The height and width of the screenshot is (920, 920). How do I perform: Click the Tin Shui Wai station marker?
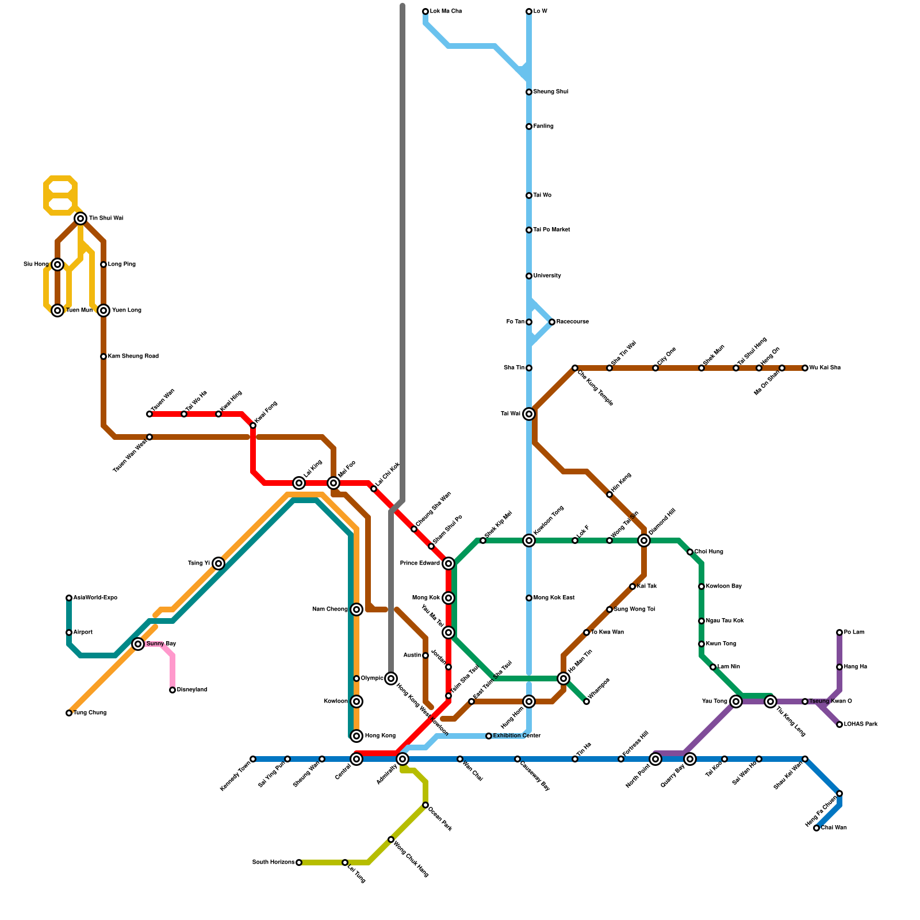(x=80, y=218)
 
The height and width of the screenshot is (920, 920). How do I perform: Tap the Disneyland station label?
(x=191, y=690)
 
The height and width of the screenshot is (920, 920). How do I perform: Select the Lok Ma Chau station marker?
(x=425, y=11)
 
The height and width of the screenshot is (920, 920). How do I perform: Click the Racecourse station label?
(x=572, y=322)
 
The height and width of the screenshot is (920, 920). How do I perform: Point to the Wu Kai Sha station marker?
(x=805, y=368)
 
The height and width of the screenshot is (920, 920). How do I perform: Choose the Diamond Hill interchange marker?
(x=644, y=540)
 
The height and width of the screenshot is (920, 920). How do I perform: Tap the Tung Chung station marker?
(x=69, y=713)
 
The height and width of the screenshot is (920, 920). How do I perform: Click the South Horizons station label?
(x=273, y=862)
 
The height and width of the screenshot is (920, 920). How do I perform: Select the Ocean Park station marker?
(x=425, y=805)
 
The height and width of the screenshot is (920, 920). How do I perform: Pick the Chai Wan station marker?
(x=816, y=828)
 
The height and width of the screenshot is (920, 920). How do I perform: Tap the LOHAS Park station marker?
(x=839, y=724)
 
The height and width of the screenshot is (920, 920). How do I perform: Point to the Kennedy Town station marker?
(x=253, y=759)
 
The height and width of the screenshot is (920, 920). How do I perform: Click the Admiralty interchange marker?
(x=402, y=759)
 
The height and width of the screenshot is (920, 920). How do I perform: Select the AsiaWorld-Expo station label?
(x=95, y=598)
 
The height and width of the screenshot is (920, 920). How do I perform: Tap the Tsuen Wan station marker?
(x=149, y=414)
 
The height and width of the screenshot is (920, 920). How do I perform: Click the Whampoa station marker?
(x=586, y=701)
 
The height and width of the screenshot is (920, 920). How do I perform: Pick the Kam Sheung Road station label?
(x=133, y=356)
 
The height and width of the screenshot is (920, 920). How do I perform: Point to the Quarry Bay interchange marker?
(x=690, y=759)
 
